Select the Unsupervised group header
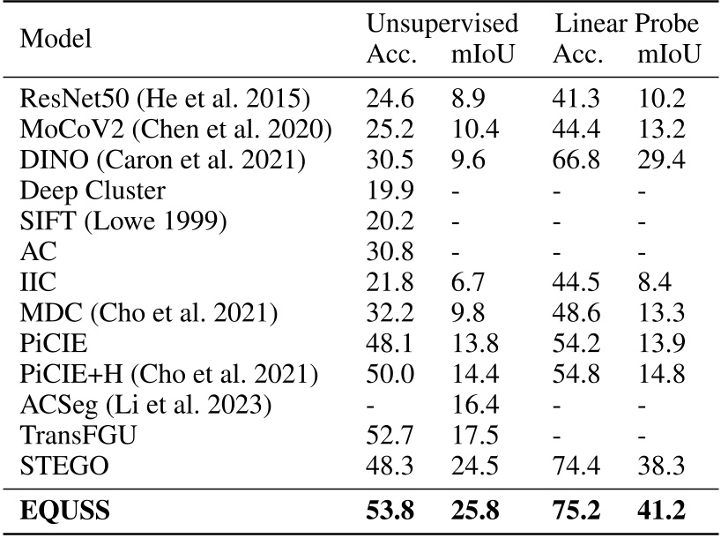tap(442, 23)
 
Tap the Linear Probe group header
tap(627, 23)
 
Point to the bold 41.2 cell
tap(668, 511)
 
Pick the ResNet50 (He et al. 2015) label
tap(164, 99)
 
